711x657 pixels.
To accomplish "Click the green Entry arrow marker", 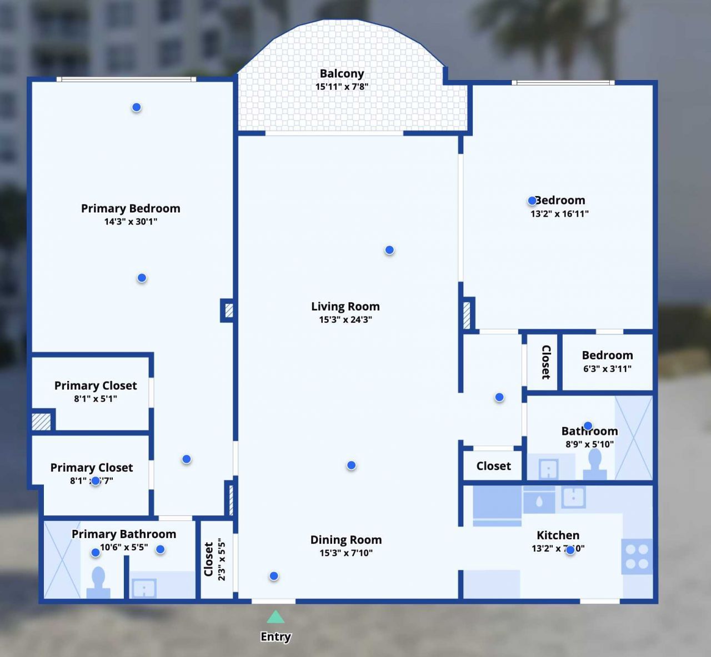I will coord(276,617).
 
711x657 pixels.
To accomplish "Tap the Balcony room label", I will coord(342,73).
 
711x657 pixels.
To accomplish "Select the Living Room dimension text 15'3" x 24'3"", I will coord(345,319).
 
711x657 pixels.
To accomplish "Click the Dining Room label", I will coord(346,539).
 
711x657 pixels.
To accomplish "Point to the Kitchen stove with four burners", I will coord(637,556).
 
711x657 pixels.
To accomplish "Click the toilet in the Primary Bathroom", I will coord(98,583).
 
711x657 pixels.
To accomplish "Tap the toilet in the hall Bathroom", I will coord(595,464).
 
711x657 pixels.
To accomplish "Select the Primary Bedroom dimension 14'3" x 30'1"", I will coord(131,222).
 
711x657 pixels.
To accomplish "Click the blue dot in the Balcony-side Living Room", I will coord(389,250).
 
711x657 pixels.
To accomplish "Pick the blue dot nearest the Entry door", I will coord(274,576).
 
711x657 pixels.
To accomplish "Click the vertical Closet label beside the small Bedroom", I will coord(545,362).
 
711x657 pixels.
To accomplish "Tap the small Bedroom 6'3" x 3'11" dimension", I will coord(607,369).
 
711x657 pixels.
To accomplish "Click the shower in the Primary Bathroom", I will coord(62,559).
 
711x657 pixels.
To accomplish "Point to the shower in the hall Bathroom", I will coord(633,437).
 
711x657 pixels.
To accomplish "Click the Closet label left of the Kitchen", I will coord(493,466).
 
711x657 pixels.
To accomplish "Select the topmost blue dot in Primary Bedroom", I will coord(136,107).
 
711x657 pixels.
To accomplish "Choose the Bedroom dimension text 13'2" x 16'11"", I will coord(559,214).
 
